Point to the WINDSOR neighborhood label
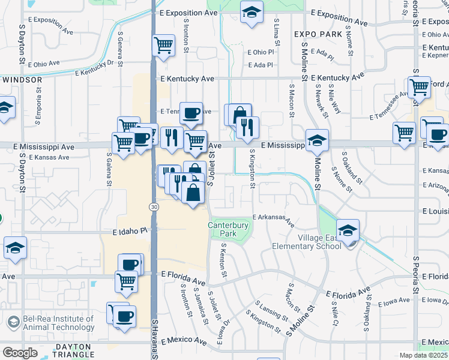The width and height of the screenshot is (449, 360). point(22,79)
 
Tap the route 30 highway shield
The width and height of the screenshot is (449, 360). point(154,206)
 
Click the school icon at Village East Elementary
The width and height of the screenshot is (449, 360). point(348,230)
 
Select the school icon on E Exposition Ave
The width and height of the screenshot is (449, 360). point(251,11)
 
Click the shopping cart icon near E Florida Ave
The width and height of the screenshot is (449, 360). point(126,280)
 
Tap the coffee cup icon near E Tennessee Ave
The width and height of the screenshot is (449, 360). point(191,112)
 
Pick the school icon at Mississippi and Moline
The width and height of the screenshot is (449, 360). point(317,140)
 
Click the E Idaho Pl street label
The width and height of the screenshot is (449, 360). point(129,231)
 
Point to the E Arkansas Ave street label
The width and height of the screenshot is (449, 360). point(274,219)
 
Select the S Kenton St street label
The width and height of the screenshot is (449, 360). point(223,259)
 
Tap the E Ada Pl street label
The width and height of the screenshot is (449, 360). point(261,65)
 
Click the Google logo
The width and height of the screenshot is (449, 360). point(20,353)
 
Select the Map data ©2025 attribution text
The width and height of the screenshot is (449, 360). point(423,355)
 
